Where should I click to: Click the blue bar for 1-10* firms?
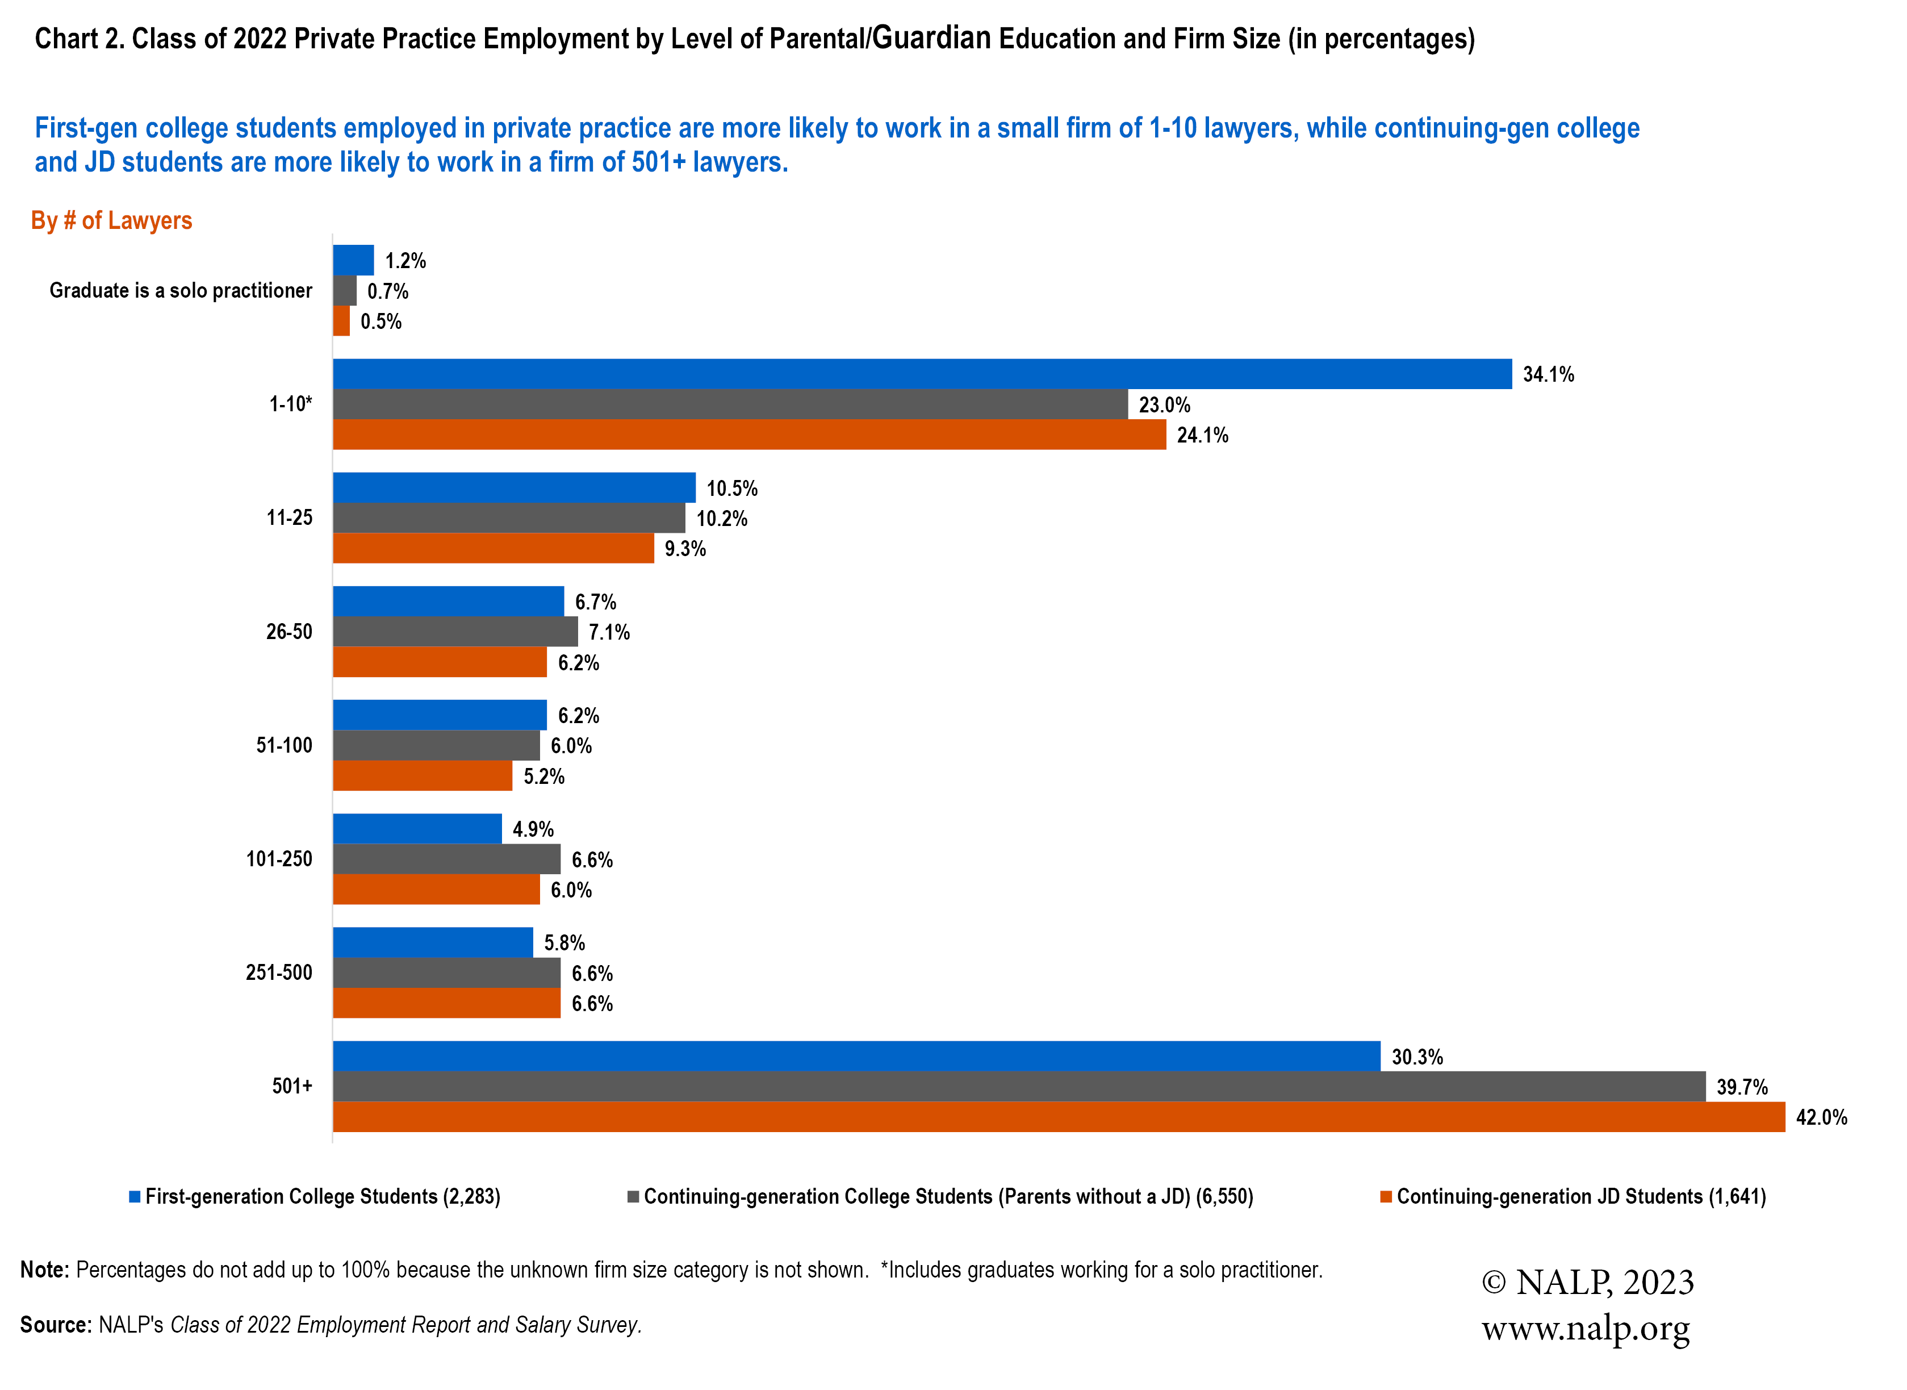tap(921, 374)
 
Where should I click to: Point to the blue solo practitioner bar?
tap(353, 260)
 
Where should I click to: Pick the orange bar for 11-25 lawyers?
tap(493, 548)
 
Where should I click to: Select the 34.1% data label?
tap(1548, 374)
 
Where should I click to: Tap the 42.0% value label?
tap(1821, 1117)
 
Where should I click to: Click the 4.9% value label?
tap(533, 829)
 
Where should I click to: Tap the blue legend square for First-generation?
tap(135, 1196)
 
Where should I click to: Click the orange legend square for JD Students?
tap(1386, 1196)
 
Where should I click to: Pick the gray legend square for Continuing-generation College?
tap(633, 1196)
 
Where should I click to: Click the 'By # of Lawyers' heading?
tap(111, 220)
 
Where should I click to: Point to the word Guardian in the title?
tap(931, 38)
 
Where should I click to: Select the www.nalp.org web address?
tap(1585, 1329)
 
